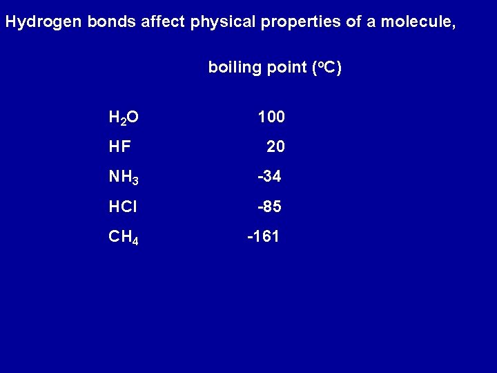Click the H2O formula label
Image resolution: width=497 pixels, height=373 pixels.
tap(124, 117)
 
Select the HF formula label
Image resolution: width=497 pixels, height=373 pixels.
tap(120, 147)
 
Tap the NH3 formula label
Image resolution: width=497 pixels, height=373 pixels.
tap(124, 178)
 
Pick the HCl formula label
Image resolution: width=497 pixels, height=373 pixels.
tap(123, 207)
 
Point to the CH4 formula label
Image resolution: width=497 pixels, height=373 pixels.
tap(124, 238)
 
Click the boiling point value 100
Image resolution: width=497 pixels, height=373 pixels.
tap(271, 117)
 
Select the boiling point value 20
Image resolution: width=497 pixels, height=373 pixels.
tap(275, 147)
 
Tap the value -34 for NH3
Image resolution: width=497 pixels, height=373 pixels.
tap(269, 177)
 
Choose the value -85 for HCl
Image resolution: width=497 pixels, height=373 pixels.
tap(269, 207)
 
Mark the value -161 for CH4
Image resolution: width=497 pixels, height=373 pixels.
tap(264, 237)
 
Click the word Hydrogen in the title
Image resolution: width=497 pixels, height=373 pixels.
tap(43, 22)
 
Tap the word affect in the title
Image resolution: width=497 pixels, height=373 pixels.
tap(164, 22)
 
